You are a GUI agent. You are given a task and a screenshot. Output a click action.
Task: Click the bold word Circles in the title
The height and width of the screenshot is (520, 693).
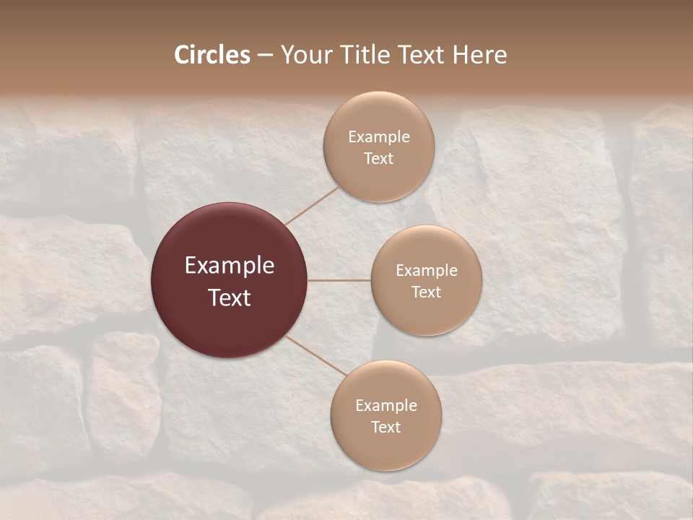(212, 55)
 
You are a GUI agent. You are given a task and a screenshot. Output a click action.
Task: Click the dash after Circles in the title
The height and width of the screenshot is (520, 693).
(265, 56)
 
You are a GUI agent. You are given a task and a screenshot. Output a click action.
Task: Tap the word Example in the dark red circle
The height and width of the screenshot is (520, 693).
(230, 266)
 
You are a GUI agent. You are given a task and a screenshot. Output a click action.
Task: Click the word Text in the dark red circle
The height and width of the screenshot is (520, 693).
(230, 298)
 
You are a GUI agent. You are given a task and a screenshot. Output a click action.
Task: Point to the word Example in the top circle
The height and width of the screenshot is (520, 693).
(379, 136)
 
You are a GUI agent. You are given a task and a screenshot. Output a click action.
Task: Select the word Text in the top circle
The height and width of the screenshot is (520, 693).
(379, 158)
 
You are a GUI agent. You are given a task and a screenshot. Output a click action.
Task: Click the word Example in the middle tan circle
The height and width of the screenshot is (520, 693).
(427, 270)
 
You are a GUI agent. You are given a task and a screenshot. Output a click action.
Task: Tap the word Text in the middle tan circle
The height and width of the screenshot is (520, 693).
(427, 292)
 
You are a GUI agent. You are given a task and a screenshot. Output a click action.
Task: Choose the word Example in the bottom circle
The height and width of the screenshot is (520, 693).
(386, 405)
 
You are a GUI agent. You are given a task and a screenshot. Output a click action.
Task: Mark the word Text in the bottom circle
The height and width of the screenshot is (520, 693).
(386, 427)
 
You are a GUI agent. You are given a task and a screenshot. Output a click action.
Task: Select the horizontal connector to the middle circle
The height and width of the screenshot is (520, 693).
(339, 280)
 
